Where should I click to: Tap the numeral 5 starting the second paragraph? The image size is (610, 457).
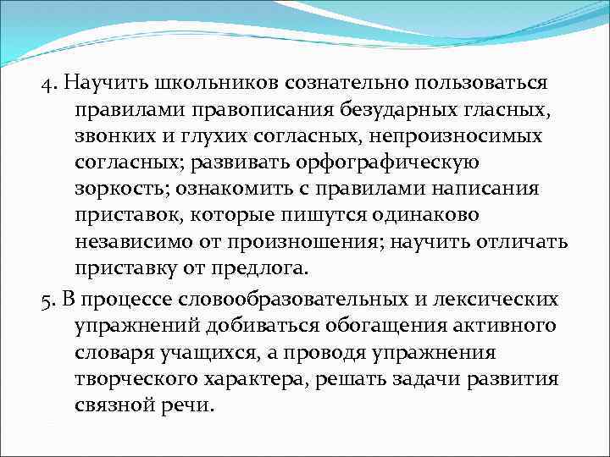coord(46,300)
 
